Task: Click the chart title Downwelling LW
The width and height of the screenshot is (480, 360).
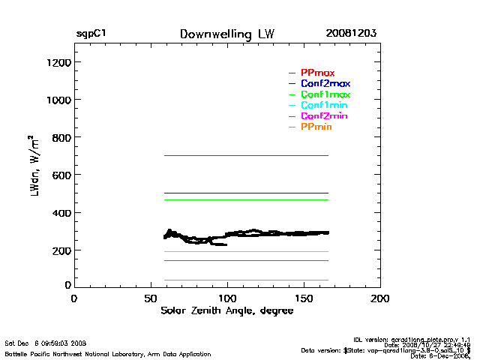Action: coord(227,34)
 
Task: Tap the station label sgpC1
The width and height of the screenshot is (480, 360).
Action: coord(91,34)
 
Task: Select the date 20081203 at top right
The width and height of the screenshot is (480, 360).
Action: coord(351,34)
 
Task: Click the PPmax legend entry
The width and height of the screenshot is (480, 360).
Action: coord(317,73)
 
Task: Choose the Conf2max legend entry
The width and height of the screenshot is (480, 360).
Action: coord(325,83)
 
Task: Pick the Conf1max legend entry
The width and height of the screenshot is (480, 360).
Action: coord(325,94)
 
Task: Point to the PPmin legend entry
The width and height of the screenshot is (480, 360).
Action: coord(316,127)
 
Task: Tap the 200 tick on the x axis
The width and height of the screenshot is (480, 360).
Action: coord(380,298)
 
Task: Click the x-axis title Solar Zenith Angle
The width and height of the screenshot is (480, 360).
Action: coord(226,310)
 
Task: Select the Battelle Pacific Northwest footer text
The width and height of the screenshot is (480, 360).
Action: coord(108,353)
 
